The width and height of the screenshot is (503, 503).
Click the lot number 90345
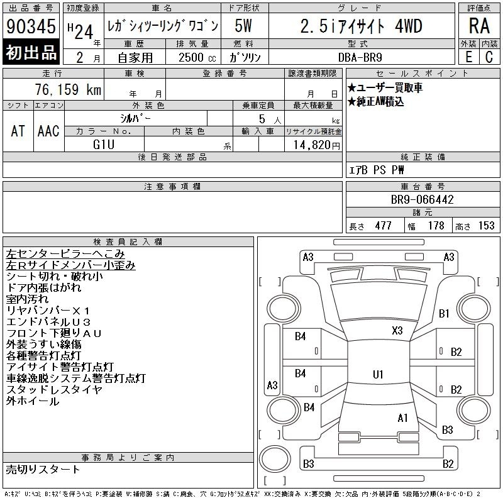[x=31, y=26]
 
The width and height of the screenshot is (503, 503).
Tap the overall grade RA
[x=479, y=26]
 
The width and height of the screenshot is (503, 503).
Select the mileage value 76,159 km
[x=69, y=89]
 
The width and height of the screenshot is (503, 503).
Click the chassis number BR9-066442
[x=422, y=199]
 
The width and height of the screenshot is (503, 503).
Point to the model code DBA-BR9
[x=360, y=57]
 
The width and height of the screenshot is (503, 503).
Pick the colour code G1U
[x=104, y=145]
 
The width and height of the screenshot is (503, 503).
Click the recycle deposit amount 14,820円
[x=316, y=145]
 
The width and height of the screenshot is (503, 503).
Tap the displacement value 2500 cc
[x=197, y=57]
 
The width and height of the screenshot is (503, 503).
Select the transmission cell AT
[x=18, y=131]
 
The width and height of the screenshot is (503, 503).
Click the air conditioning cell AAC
[x=49, y=131]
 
